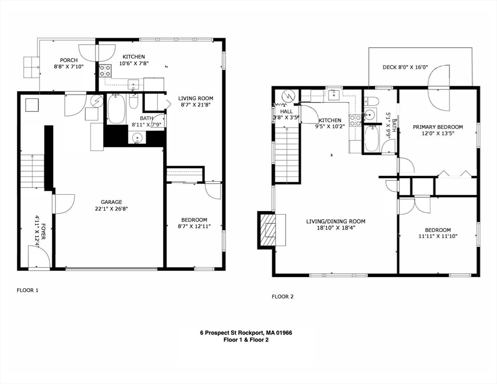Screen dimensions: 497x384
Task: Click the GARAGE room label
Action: [111, 202]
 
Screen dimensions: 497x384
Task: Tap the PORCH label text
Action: [69, 60]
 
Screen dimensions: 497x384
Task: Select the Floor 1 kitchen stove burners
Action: [105, 70]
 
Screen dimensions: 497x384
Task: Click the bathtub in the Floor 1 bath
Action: [116, 109]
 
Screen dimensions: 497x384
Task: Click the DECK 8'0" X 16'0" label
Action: [405, 67]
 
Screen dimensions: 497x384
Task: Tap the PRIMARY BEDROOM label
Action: [437, 127]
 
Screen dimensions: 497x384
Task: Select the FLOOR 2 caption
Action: [282, 297]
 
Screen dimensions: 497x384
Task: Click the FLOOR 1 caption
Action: [27, 290]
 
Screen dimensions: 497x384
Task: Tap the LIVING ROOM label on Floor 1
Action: [195, 98]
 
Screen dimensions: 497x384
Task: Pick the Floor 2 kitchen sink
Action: [334, 94]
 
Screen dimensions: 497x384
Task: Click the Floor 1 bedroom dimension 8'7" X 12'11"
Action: [194, 226]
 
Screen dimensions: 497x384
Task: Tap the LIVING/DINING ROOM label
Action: [335, 221]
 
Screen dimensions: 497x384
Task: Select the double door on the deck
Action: [438, 87]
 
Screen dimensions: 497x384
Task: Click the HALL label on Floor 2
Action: [286, 111]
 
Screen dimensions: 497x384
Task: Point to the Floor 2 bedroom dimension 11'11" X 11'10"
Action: [438, 236]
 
